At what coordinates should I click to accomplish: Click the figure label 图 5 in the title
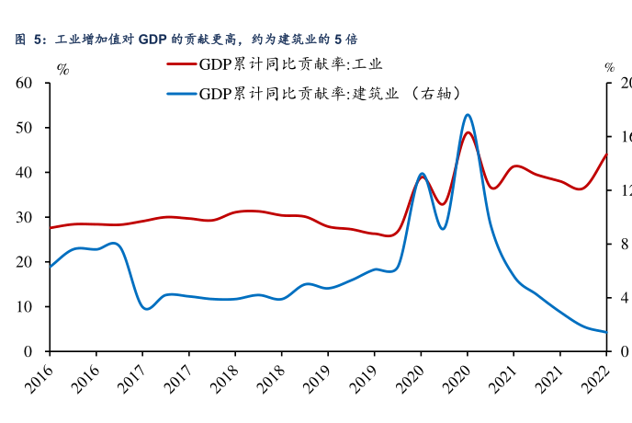(x=29, y=40)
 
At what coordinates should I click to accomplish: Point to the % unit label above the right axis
(x=609, y=68)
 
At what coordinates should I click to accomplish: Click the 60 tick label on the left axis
(x=25, y=83)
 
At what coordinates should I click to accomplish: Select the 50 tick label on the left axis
(x=25, y=128)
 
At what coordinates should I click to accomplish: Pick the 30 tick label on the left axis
(x=25, y=217)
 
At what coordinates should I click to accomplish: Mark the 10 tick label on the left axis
(x=25, y=306)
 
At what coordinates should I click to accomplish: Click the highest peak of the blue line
(x=468, y=115)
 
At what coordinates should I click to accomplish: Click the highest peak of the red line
(x=468, y=132)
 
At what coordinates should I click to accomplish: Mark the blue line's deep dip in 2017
(x=146, y=309)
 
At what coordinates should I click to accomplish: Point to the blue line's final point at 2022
(x=606, y=332)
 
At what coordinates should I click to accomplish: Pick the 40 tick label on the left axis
(x=25, y=173)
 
